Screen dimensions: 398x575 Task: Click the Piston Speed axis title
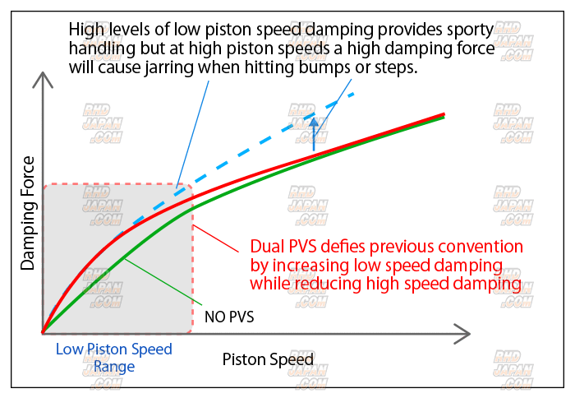267,359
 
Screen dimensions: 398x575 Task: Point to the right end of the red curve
444,114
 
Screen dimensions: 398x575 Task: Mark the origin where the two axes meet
42,333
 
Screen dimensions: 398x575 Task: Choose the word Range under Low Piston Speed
114,366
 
